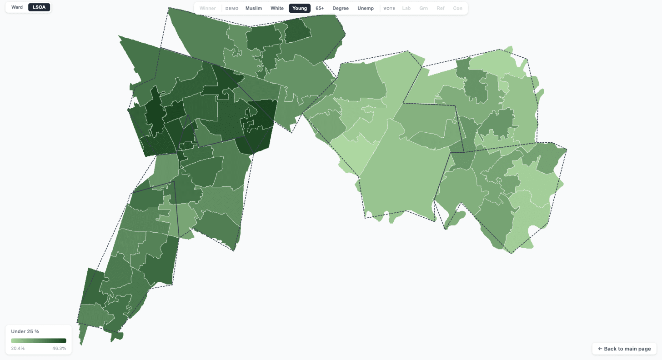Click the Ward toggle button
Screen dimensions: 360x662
[x=17, y=7]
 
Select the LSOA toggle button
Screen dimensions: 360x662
[x=39, y=7]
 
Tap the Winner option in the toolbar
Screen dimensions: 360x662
[x=208, y=8]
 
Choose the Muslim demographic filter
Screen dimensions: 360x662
[x=254, y=8]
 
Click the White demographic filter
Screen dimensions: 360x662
[x=277, y=8]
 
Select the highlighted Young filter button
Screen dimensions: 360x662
[x=300, y=8]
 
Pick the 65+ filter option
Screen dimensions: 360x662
[x=320, y=8]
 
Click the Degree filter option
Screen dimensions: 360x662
[x=341, y=8]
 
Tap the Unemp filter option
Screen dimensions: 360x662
[x=366, y=8]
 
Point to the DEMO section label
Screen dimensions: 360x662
[x=232, y=9]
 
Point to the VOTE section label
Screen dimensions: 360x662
[x=389, y=9]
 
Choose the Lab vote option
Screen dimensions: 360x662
[x=406, y=8]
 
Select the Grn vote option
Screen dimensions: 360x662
[x=423, y=8]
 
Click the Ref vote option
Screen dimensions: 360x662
[x=441, y=8]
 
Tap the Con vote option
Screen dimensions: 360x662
[x=457, y=8]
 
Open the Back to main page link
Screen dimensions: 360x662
[x=624, y=349]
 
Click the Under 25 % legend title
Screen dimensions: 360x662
[x=25, y=331]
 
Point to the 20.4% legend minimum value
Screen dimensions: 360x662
[x=18, y=348]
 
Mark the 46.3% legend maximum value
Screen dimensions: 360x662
[x=59, y=348]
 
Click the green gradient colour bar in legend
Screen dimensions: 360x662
[x=39, y=341]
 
